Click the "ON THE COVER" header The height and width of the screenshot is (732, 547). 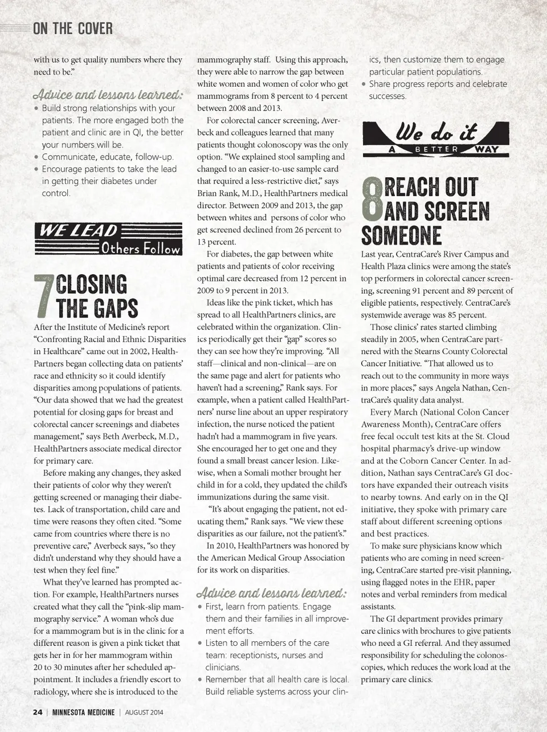(x=72, y=28)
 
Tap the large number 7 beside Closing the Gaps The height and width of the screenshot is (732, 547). (x=44, y=296)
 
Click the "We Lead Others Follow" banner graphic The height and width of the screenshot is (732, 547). (x=108, y=239)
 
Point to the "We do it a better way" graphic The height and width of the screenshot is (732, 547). (x=436, y=139)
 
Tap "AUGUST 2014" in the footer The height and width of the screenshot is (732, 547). (x=144, y=712)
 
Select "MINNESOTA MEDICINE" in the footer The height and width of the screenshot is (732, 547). (x=83, y=712)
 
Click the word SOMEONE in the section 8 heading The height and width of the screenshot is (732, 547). (x=402, y=236)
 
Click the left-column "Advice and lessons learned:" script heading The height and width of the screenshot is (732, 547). (x=108, y=94)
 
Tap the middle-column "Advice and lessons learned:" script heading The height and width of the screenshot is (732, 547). (x=271, y=593)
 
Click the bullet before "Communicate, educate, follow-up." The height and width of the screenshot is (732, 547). (x=36, y=157)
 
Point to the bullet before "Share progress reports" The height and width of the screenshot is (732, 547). (x=364, y=84)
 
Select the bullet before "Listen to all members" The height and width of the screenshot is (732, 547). (x=200, y=643)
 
